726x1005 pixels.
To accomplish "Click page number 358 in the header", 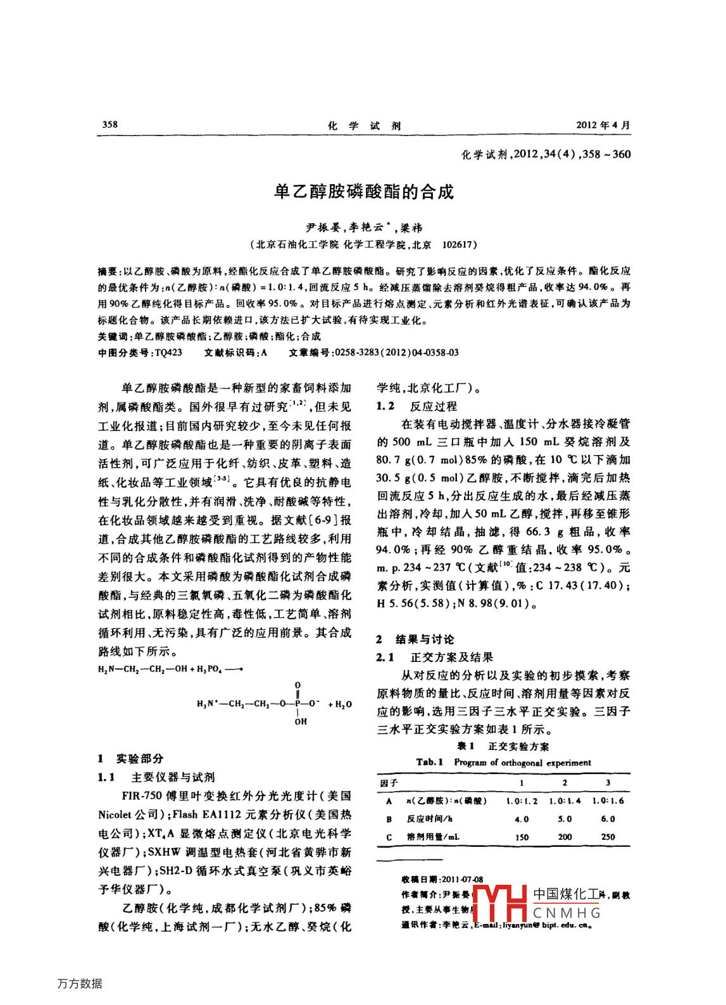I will (x=110, y=124).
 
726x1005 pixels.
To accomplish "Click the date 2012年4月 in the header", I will (x=603, y=125).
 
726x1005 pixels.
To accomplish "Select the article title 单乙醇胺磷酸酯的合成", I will (x=363, y=192).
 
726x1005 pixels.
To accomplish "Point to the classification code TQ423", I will (x=168, y=353).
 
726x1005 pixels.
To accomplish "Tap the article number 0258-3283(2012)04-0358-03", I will (x=396, y=353).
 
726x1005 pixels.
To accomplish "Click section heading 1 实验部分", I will (x=131, y=758).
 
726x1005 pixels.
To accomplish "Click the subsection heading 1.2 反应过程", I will (x=416, y=406).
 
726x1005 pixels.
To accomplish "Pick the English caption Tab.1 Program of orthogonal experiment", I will (x=503, y=763).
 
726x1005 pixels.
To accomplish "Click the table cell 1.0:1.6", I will (x=608, y=801).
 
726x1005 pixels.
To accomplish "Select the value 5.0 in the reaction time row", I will (x=565, y=819).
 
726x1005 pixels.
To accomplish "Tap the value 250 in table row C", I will (x=608, y=837).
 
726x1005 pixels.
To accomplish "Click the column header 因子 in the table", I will (x=389, y=783).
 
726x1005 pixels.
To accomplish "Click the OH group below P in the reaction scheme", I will (x=300, y=721).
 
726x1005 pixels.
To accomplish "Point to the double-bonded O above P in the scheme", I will (x=297, y=685).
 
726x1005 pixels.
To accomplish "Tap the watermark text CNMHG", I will (x=566, y=913).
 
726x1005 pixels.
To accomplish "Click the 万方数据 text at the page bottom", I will (x=80, y=983).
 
